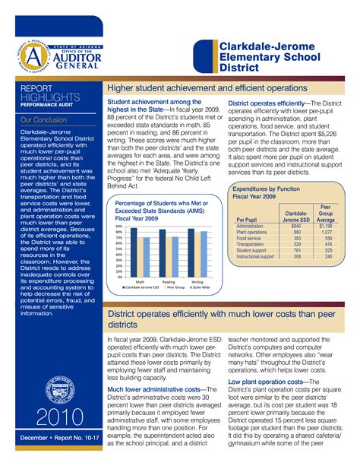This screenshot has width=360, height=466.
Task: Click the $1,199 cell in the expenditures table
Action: coord(326,226)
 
